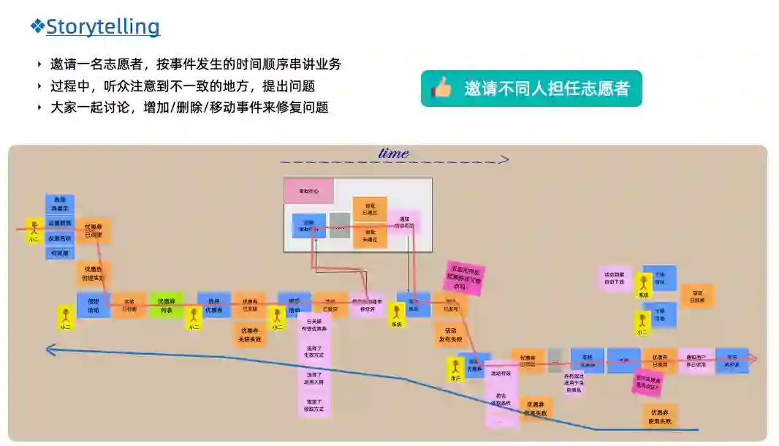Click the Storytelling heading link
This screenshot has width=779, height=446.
click(x=102, y=27)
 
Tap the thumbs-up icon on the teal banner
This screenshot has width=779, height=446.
click(x=441, y=88)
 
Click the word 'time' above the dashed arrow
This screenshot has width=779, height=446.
click(x=393, y=153)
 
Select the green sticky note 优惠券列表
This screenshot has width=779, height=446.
click(x=167, y=305)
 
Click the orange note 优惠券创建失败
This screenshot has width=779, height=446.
click(x=94, y=273)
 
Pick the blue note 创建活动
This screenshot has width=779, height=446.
click(x=94, y=305)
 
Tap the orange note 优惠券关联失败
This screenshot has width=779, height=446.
click(x=250, y=335)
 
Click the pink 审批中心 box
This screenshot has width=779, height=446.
click(x=308, y=191)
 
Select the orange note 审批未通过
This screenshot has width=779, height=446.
click(x=369, y=237)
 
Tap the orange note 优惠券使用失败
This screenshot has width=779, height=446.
click(x=659, y=417)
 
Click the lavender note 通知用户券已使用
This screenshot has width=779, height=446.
click(x=696, y=360)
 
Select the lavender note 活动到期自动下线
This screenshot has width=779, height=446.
click(x=614, y=278)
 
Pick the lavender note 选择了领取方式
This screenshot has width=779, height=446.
click(x=314, y=404)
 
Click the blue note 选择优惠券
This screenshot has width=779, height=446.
click(x=213, y=305)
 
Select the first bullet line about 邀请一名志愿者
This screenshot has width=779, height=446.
click(x=195, y=64)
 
